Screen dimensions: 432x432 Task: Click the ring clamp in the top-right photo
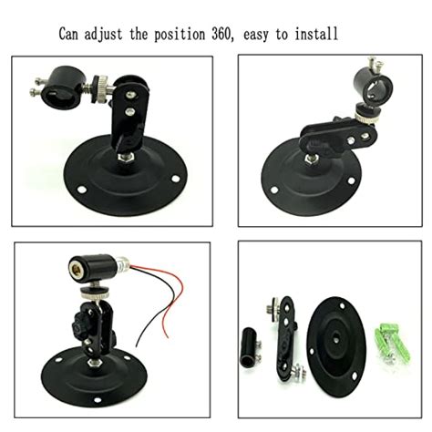[x=372, y=79]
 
